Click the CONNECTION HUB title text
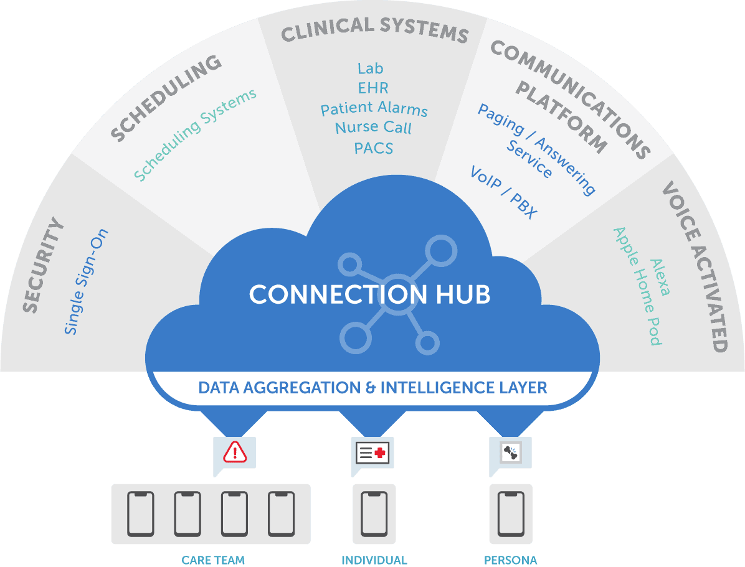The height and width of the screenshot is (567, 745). [x=369, y=294]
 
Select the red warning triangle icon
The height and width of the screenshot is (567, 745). [x=234, y=452]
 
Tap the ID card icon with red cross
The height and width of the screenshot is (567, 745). [x=372, y=452]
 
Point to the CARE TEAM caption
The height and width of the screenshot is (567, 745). [x=213, y=560]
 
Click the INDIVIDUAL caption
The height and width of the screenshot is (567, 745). [x=374, y=560]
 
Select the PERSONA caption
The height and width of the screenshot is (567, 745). [x=511, y=560]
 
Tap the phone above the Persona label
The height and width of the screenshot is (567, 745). [x=511, y=514]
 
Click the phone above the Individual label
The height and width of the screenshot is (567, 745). [x=374, y=514]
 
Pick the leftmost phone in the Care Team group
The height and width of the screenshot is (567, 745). [x=141, y=514]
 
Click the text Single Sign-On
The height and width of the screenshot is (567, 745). [x=87, y=282]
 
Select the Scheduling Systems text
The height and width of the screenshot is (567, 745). [x=195, y=135]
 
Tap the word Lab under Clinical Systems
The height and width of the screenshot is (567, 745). [x=370, y=68]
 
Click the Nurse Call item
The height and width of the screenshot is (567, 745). [x=373, y=128]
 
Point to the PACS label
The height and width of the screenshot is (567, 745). [x=373, y=148]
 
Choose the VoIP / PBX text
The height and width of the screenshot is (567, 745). [x=503, y=192]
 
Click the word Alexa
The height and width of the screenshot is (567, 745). [x=659, y=278]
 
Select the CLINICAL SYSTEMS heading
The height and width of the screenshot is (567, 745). [x=374, y=29]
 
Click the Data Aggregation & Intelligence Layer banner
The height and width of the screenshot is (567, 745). [x=372, y=388]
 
